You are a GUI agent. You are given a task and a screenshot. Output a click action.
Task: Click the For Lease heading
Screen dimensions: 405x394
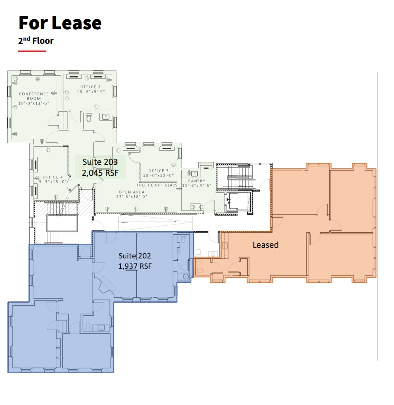[x=60, y=23]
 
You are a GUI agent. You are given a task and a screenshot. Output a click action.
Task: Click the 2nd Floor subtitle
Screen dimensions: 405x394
[x=36, y=41]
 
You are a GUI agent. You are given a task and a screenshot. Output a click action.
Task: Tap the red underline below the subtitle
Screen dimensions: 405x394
[x=32, y=51]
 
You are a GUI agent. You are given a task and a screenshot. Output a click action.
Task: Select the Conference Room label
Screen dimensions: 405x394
[x=34, y=96]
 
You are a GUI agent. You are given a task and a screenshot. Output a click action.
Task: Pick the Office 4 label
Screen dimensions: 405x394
[x=53, y=177]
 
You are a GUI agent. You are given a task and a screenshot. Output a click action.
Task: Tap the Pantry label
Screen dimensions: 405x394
[x=197, y=181]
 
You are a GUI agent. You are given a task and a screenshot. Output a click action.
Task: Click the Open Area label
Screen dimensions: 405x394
[x=132, y=192]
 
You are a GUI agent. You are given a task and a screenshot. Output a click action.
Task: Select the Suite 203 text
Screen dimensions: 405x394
[x=99, y=162]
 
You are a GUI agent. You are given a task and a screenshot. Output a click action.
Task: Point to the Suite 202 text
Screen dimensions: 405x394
[x=135, y=256]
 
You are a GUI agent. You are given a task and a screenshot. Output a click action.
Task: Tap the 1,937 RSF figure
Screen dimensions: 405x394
[x=135, y=266]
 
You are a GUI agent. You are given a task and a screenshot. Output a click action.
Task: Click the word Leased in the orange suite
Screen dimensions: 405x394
[x=265, y=245]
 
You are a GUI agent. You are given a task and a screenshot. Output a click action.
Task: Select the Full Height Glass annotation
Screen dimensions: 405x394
[x=157, y=185]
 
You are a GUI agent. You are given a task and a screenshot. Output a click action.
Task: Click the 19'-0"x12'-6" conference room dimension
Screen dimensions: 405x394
[x=34, y=103]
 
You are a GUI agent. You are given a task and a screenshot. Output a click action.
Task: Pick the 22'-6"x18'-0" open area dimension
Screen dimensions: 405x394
[x=132, y=196]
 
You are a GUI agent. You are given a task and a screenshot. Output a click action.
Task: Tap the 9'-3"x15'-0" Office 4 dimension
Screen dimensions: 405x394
[x=53, y=182]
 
